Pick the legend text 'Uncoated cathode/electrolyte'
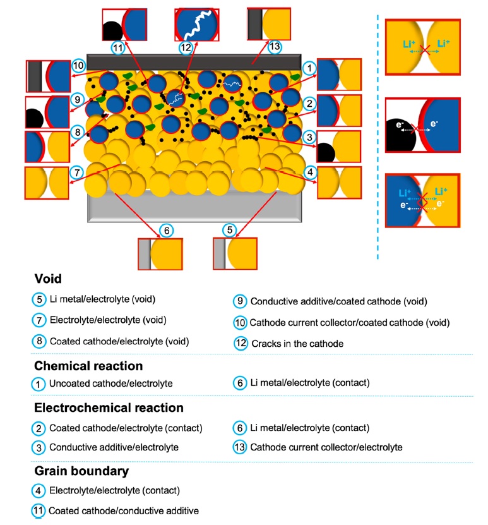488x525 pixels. point(110,383)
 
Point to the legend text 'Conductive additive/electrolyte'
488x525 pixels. point(114,447)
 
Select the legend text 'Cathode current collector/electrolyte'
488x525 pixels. point(326,447)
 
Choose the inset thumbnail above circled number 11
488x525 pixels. point(124,25)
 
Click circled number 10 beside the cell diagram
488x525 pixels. point(78,65)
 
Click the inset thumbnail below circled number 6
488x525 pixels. point(160,254)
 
